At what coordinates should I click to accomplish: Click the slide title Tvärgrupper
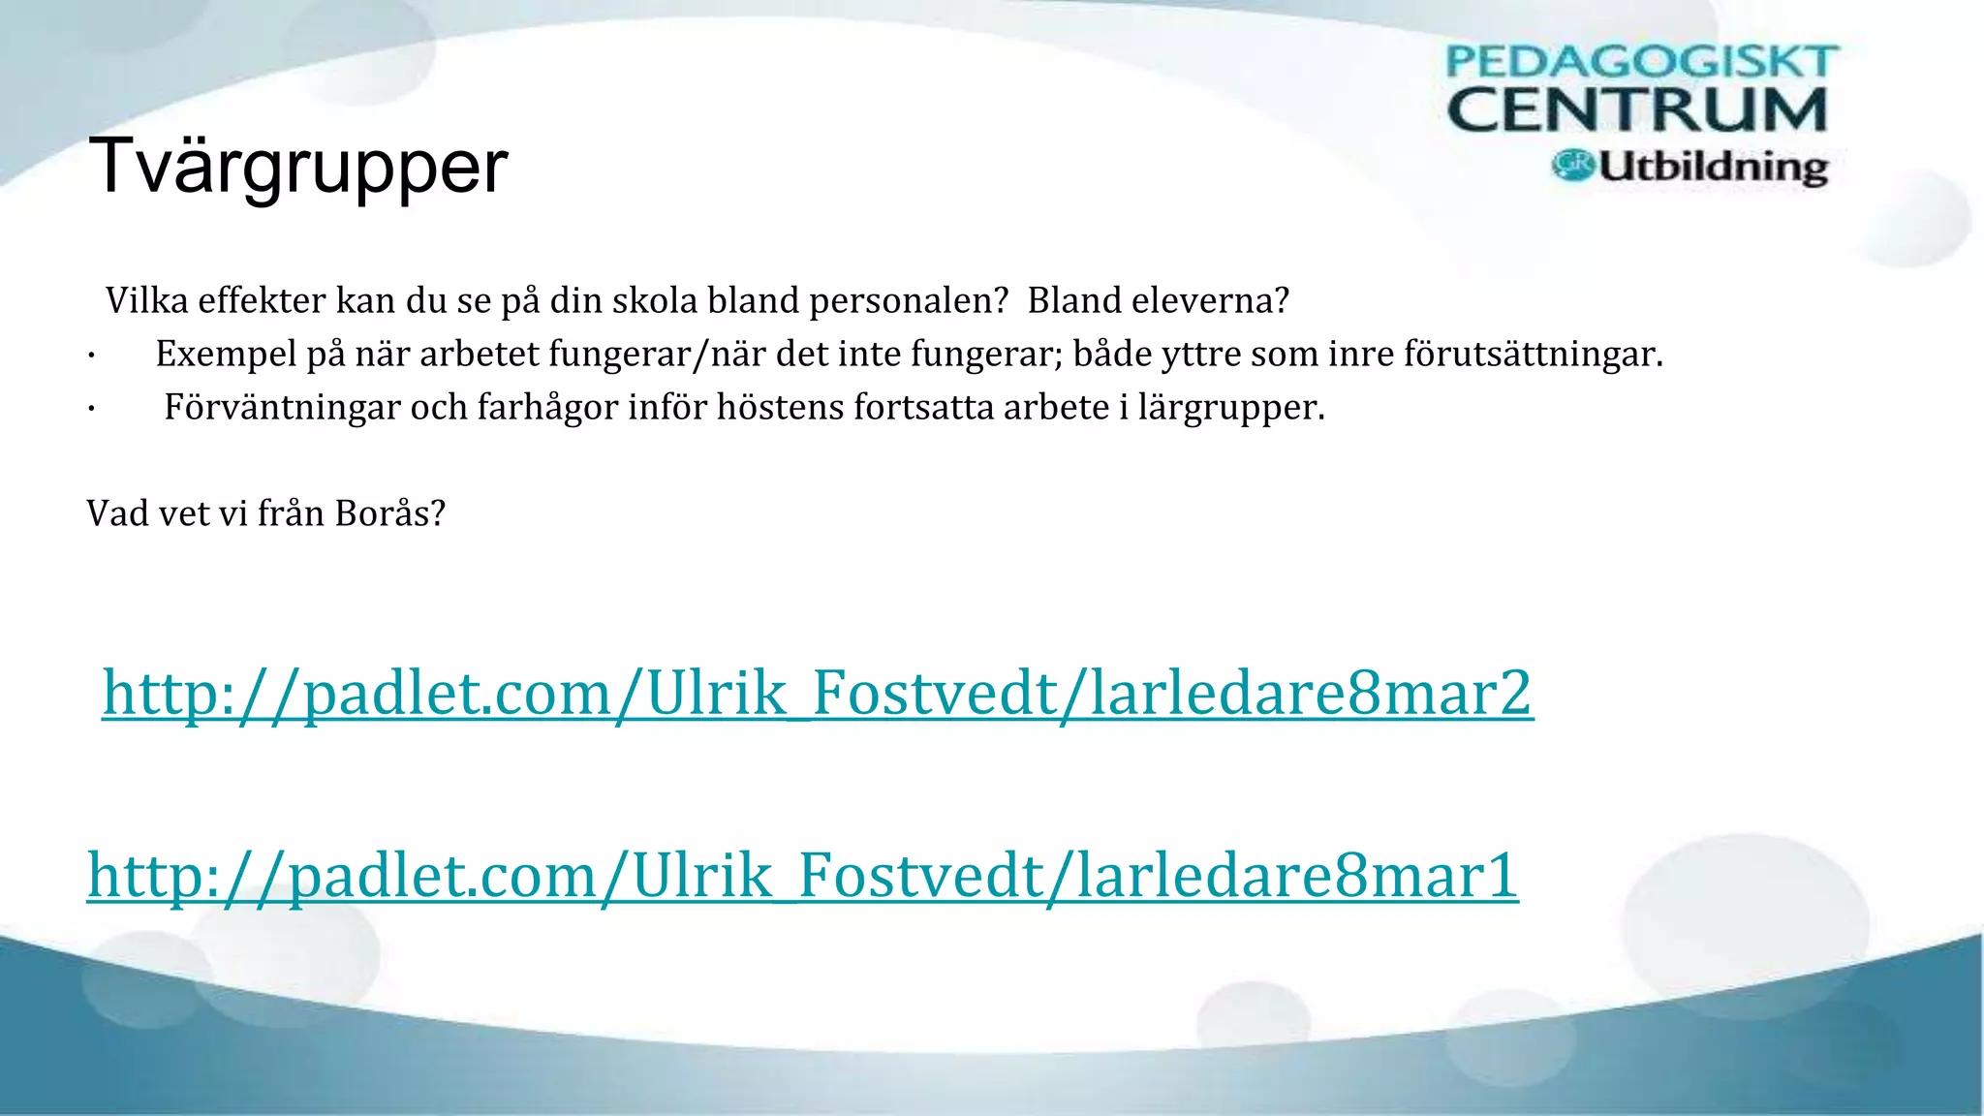[297, 167]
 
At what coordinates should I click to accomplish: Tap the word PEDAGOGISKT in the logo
[1641, 62]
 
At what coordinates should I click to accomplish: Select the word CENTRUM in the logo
[1637, 109]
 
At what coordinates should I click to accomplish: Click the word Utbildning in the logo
[1713, 167]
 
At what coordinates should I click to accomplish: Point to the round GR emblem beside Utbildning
[1572, 165]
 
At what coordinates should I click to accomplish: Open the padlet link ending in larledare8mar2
[818, 694]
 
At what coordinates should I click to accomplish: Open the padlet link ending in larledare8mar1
[802, 875]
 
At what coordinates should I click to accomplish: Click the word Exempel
[226, 355]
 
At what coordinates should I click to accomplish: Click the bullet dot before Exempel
[90, 357]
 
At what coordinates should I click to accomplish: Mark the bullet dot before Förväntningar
[90, 411]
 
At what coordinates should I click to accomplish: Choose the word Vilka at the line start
[146, 301]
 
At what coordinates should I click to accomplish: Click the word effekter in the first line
[262, 301]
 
